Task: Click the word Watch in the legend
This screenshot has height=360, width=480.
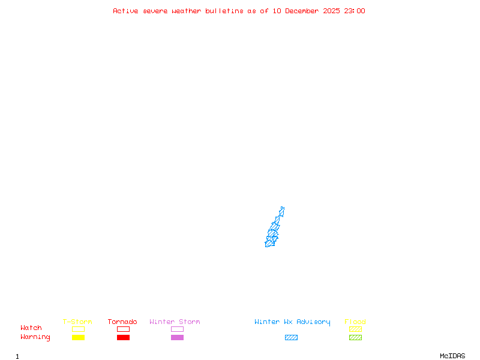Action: [31, 328]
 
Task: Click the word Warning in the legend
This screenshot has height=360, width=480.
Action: [35, 337]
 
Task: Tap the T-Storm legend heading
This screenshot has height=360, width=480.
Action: [77, 322]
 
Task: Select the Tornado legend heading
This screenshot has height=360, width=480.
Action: [122, 322]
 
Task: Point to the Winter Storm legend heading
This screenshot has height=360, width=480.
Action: [175, 322]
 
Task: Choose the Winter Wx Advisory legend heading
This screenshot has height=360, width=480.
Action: [292, 322]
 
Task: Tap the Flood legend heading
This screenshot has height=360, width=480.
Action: [355, 322]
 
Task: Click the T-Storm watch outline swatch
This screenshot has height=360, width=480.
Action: [78, 329]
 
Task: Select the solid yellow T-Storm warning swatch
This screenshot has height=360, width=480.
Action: [78, 337]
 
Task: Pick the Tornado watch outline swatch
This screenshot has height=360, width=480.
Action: [123, 329]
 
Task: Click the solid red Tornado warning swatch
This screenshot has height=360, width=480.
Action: [123, 337]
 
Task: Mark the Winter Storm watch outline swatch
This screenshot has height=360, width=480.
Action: [177, 329]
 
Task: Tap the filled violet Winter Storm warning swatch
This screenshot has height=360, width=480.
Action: [177, 337]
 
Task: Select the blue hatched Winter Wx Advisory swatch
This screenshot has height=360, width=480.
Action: [291, 337]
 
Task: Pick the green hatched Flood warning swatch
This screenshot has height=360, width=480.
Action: [355, 337]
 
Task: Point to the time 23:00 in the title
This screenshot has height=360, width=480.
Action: [354, 11]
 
